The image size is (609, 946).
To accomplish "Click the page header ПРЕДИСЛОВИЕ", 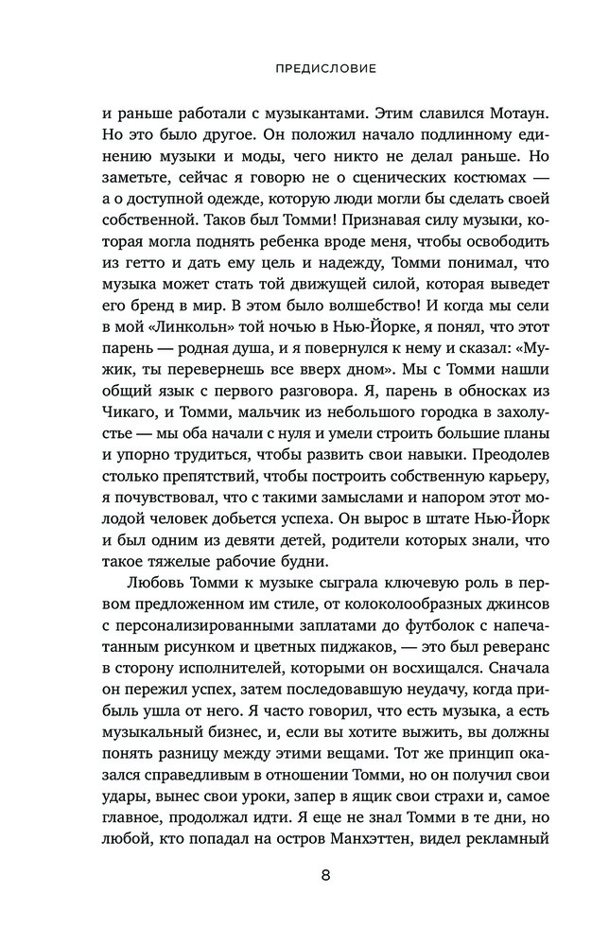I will [x=304, y=69].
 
